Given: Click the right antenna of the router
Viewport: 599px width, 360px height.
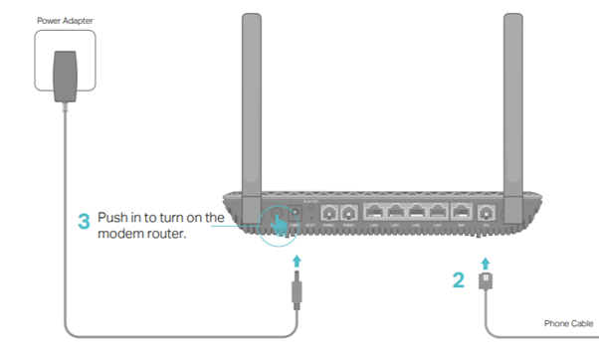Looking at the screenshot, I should (513, 99).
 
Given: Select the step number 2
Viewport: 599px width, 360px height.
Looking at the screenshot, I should (459, 280).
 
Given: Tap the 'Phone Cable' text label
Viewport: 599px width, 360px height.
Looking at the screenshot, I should (568, 323).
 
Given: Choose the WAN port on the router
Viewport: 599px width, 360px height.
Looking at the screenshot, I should (461, 212).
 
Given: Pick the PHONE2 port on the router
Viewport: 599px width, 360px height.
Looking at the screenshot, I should (328, 213).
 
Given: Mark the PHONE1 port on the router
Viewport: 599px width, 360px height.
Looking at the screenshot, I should (349, 213).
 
